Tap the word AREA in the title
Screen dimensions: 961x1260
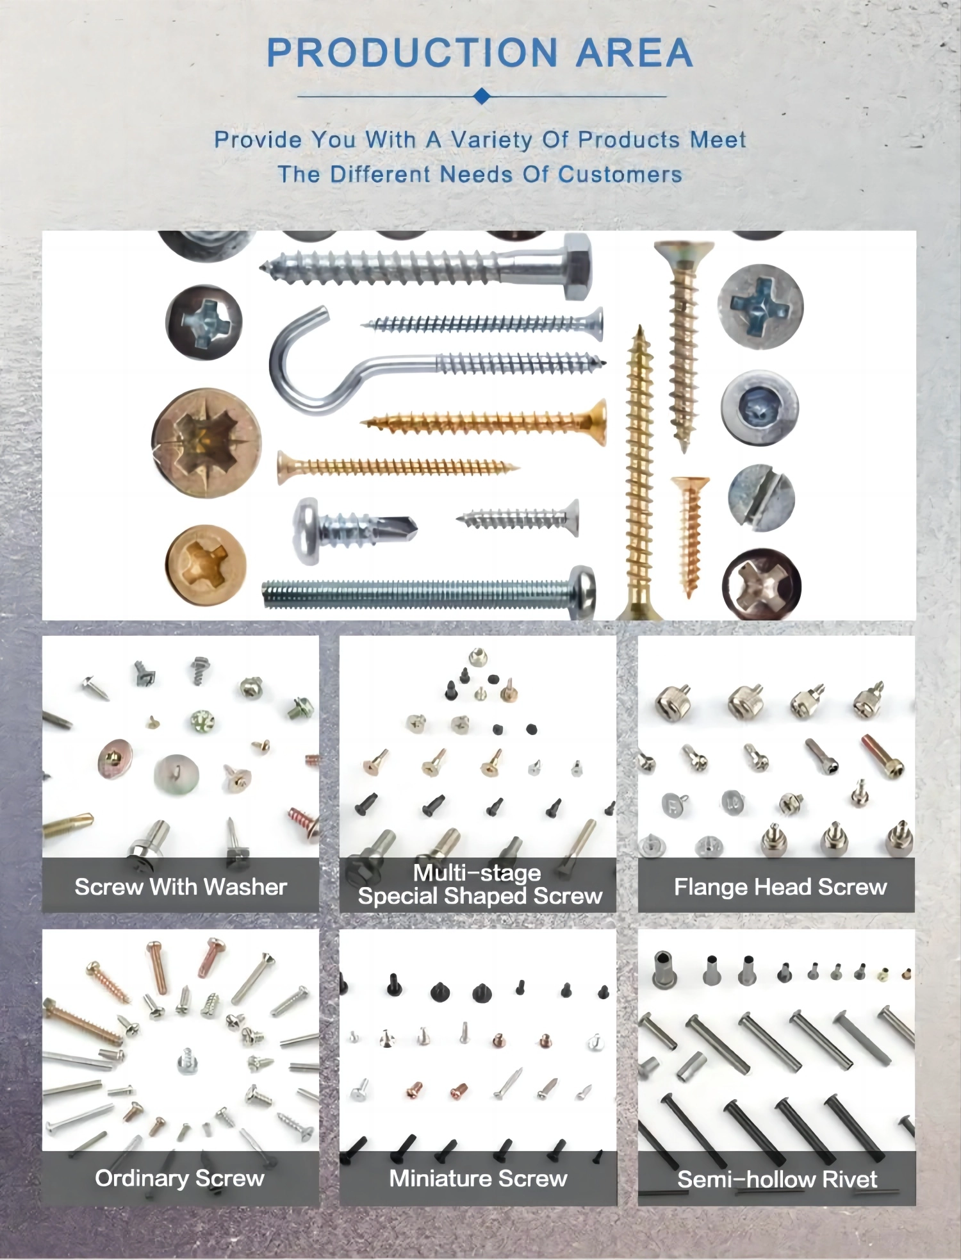coord(634,53)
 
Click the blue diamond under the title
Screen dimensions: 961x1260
coord(482,97)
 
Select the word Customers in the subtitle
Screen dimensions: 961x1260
coord(620,174)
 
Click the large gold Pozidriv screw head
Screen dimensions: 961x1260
coord(206,442)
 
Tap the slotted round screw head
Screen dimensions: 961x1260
coord(761,497)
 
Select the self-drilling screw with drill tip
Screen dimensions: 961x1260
coord(354,529)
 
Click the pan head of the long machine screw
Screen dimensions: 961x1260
coord(583,592)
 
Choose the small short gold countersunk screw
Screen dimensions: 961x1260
coord(690,536)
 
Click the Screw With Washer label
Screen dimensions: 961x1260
coord(181,887)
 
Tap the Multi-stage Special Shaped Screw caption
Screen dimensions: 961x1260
coord(480,884)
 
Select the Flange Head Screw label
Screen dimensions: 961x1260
coord(780,887)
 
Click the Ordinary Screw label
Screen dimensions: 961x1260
coord(179,1178)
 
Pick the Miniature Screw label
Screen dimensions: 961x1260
coord(479,1178)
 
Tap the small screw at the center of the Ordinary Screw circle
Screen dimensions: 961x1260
coord(186,1061)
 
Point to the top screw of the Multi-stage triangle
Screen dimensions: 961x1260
coord(477,656)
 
